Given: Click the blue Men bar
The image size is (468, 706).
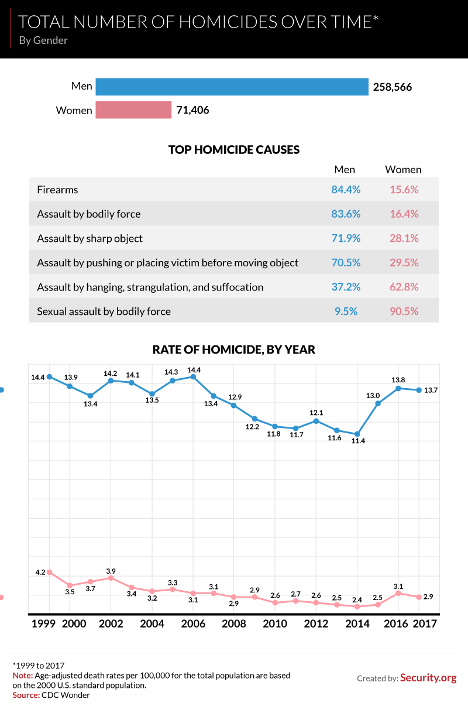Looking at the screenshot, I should click(232, 87).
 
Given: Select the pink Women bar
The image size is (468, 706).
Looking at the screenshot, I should click(133, 110).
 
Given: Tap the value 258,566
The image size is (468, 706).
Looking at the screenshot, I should click(393, 87).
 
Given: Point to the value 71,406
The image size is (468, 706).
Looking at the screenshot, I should click(192, 110).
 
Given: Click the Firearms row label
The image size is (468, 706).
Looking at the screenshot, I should click(57, 190).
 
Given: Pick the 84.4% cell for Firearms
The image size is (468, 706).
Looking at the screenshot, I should click(346, 190).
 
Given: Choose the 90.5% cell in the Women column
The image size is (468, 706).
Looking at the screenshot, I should click(404, 311).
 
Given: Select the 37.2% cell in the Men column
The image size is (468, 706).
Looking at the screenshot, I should click(346, 287).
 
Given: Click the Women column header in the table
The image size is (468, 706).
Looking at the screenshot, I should click(403, 170).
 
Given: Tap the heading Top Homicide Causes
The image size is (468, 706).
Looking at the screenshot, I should click(234, 150).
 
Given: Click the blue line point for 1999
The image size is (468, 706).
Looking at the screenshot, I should click(50, 377).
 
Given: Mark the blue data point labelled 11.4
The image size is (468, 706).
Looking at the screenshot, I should click(357, 434).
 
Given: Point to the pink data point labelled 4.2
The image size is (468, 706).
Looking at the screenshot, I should click(50, 572).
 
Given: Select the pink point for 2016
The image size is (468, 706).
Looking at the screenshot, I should click(398, 593).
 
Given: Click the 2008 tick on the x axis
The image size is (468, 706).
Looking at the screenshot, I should click(233, 624).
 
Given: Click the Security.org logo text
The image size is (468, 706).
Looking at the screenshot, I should click(428, 678).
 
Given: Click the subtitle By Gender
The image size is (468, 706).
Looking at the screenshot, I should click(43, 40).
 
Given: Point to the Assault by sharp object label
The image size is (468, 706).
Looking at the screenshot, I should click(90, 238).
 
